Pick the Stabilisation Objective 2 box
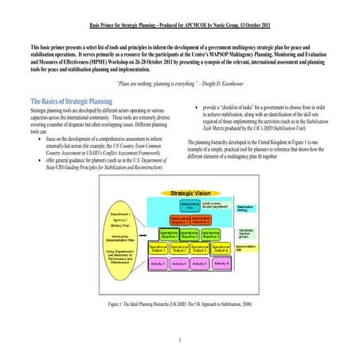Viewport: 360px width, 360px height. coord(201,220)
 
